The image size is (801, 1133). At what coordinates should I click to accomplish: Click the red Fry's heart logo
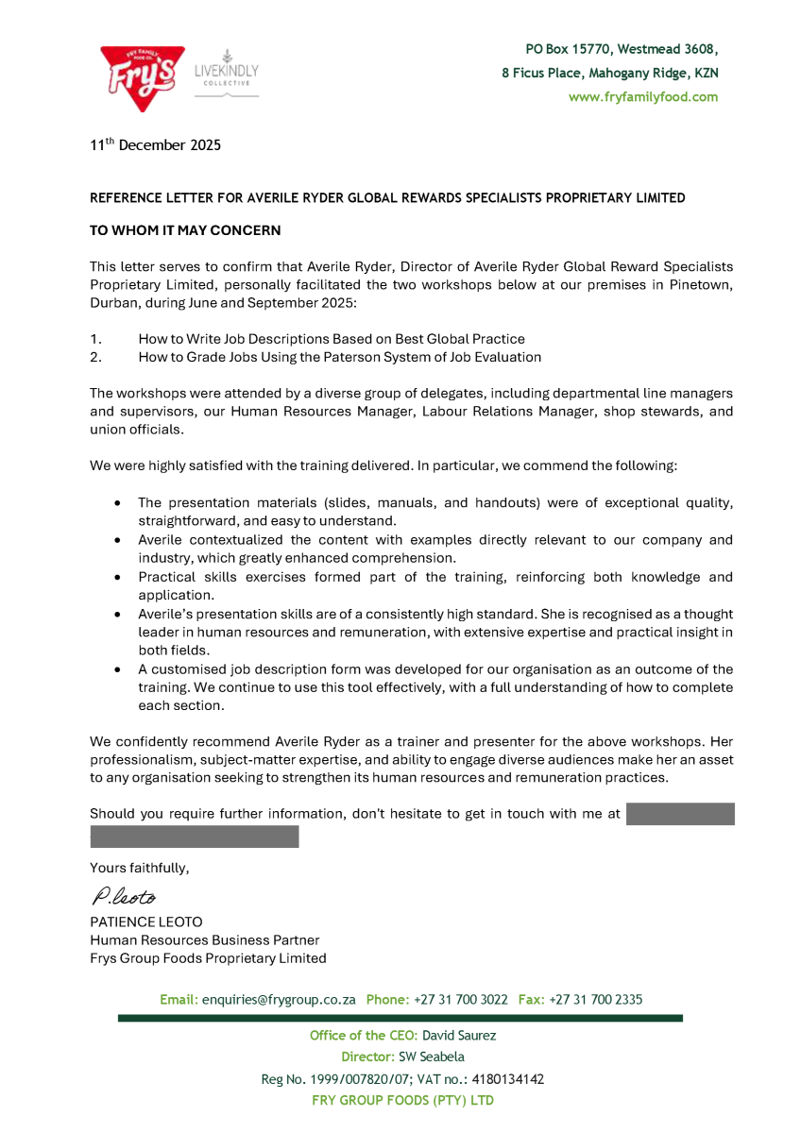(x=143, y=76)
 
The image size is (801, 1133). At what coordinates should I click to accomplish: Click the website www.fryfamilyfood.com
(x=642, y=97)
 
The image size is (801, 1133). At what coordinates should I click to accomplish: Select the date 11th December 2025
(x=155, y=145)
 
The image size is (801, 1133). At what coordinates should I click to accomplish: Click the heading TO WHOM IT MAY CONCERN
(x=185, y=230)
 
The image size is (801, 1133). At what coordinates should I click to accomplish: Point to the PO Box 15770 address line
(x=622, y=48)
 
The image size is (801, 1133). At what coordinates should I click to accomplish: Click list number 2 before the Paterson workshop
(x=95, y=357)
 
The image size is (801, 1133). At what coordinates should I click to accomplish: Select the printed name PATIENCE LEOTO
(x=146, y=922)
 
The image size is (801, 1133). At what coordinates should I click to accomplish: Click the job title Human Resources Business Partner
(x=205, y=940)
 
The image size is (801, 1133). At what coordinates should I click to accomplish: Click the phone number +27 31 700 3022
(x=460, y=999)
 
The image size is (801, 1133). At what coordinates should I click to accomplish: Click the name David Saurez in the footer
(x=459, y=1035)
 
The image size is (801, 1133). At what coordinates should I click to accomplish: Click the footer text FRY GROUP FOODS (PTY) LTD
(x=402, y=1101)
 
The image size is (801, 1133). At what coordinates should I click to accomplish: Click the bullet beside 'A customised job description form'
(x=116, y=669)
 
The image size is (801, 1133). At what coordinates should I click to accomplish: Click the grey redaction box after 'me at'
(x=679, y=814)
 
